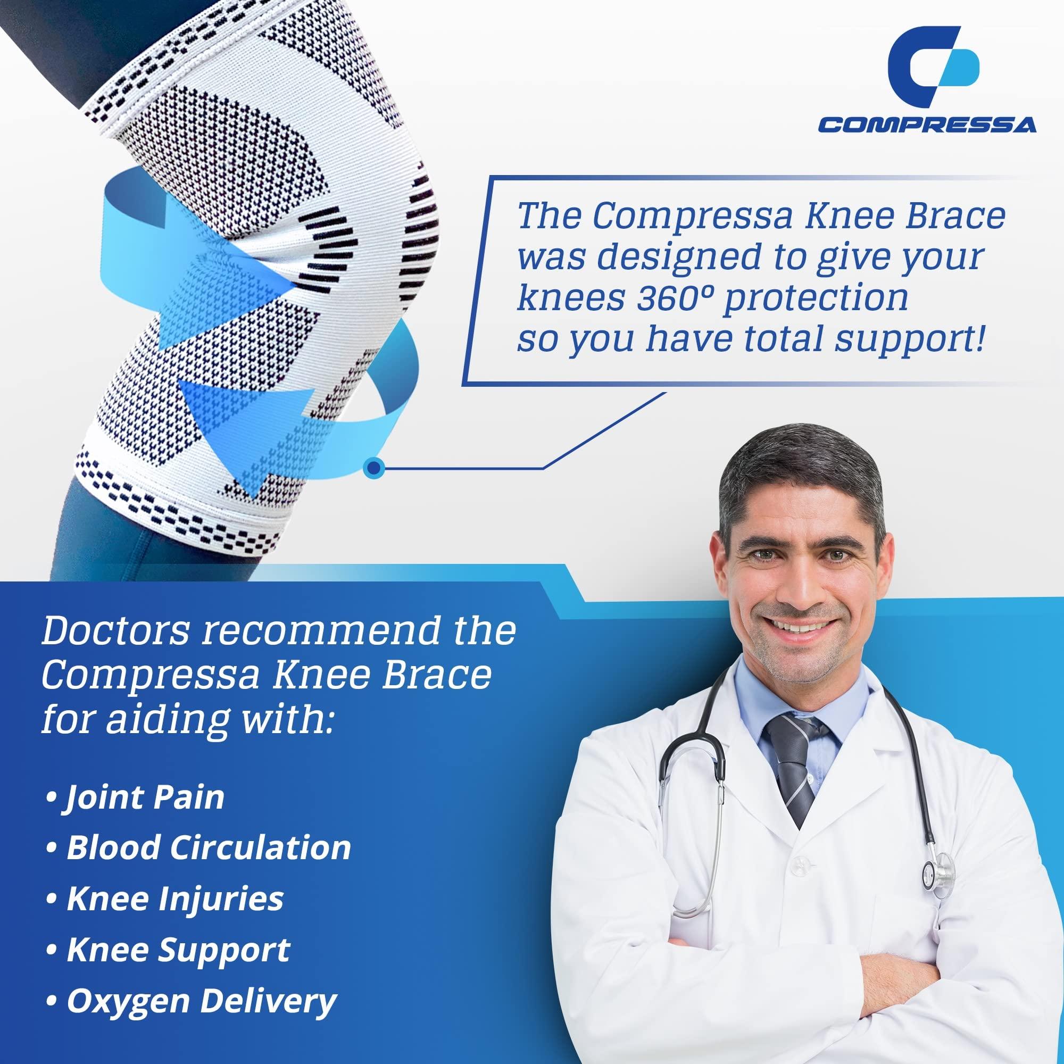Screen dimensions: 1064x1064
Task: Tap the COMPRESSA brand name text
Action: (927, 125)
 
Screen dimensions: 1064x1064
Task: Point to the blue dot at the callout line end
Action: (374, 468)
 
